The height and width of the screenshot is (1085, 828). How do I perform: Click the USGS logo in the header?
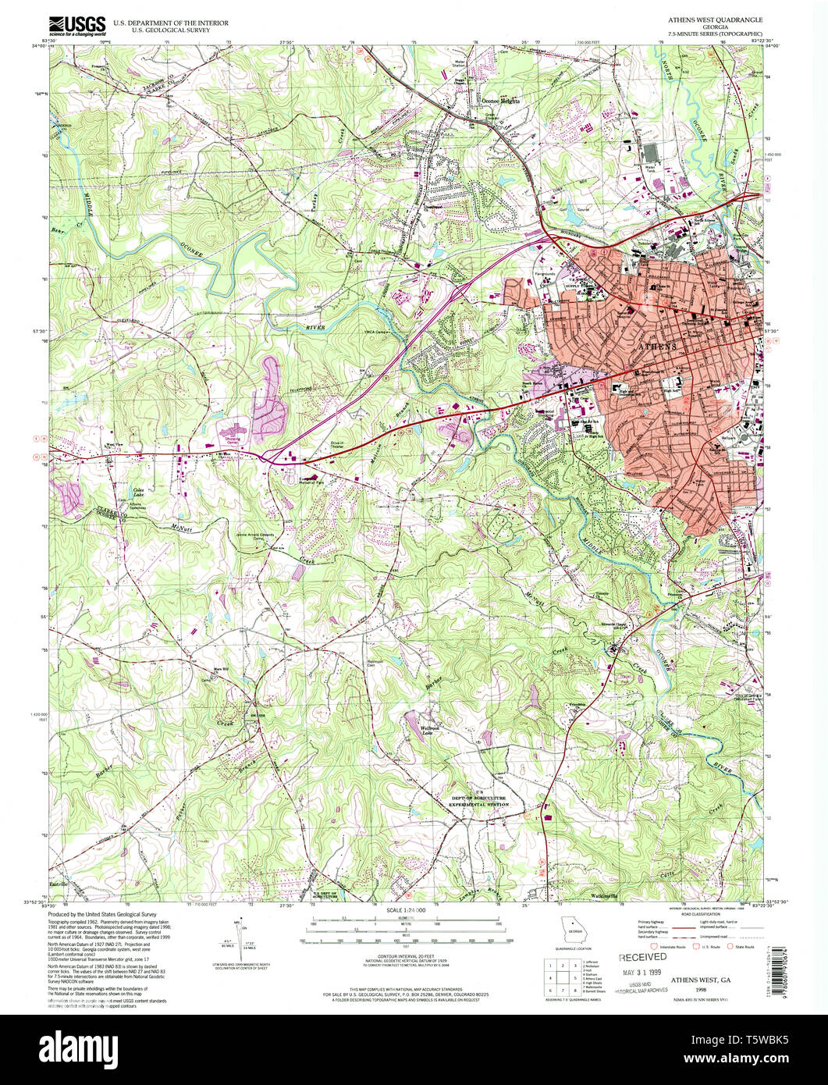tap(76, 26)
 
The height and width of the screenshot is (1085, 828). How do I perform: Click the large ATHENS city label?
tap(659, 345)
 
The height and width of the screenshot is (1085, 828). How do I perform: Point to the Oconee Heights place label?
tap(499, 101)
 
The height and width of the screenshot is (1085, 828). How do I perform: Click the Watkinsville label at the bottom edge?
tap(605, 895)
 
